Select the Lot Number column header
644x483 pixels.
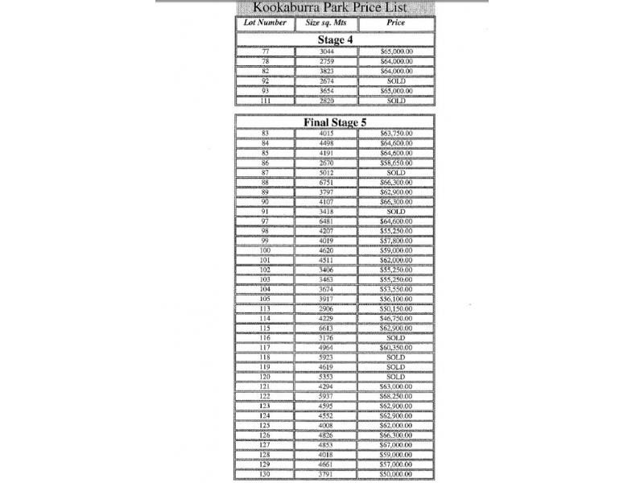coord(265,23)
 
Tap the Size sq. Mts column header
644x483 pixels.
coord(325,23)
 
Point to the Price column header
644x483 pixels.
coord(395,23)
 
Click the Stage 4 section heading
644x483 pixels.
coord(335,39)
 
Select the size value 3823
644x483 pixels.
coord(325,72)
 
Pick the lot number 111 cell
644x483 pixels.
coord(265,101)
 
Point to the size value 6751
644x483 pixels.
coord(325,183)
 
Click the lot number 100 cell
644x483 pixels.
coord(265,251)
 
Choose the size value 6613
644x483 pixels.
coord(325,328)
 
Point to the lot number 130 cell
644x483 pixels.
coord(265,474)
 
